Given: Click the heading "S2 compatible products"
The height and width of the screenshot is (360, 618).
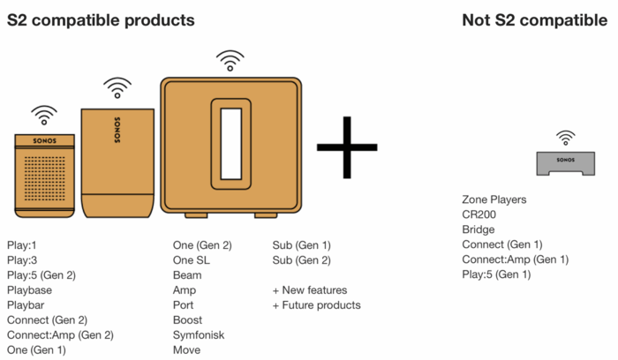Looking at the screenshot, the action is (x=101, y=20).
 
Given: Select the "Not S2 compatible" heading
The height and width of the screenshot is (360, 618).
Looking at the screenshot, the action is (x=534, y=20).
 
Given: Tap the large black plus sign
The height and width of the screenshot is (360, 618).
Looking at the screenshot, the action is (x=347, y=147).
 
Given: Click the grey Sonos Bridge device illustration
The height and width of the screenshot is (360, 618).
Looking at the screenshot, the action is (x=566, y=163).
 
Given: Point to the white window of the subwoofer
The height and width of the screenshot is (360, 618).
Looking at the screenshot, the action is (x=231, y=144).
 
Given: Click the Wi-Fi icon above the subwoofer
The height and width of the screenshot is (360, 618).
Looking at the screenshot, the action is (x=230, y=60).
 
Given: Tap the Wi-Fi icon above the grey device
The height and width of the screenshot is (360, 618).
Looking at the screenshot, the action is (x=566, y=138).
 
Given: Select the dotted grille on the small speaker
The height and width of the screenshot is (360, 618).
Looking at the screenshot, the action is (x=44, y=178).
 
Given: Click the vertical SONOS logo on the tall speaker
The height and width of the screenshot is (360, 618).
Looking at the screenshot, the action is (x=117, y=130).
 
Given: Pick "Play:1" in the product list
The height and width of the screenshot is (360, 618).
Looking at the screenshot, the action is (x=22, y=245).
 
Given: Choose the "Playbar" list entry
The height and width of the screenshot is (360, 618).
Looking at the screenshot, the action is (x=26, y=305).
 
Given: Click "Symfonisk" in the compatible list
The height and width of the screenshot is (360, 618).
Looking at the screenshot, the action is (x=199, y=335).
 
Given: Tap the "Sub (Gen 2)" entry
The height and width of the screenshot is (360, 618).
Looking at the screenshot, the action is (x=302, y=260).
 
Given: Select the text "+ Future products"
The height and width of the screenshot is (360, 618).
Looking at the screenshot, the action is (x=316, y=305).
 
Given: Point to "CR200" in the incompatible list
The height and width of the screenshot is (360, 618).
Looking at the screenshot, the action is (x=479, y=214).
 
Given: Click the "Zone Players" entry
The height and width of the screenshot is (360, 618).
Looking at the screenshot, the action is (x=494, y=199).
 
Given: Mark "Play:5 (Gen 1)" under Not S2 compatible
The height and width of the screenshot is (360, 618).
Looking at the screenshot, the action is (x=496, y=274).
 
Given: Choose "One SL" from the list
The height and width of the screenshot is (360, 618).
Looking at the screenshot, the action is (x=192, y=260).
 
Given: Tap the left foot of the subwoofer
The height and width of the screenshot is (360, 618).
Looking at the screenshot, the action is (x=196, y=215).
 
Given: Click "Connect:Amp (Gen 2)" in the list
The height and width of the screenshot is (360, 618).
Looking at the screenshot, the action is (x=60, y=335).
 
